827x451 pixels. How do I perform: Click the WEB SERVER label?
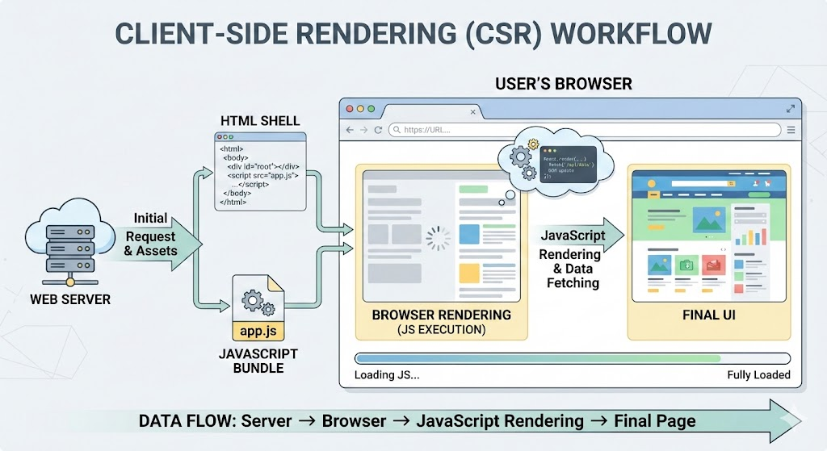pyautogui.click(x=69, y=299)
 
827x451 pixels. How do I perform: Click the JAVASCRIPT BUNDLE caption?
pyautogui.click(x=258, y=361)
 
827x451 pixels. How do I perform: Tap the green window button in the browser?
pyautogui.click(x=371, y=109)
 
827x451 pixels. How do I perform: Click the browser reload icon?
pyautogui.click(x=378, y=129)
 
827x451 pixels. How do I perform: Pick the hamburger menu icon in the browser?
pyautogui.click(x=791, y=129)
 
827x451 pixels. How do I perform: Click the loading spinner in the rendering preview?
pyautogui.click(x=439, y=237)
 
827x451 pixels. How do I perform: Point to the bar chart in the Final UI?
pyautogui.click(x=751, y=235)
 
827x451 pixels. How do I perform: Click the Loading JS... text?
pyautogui.click(x=387, y=375)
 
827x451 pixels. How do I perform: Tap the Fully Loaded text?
pyautogui.click(x=758, y=375)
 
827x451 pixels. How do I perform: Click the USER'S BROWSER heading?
pyautogui.click(x=563, y=84)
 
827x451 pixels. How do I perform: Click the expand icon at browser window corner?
pyautogui.click(x=790, y=108)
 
